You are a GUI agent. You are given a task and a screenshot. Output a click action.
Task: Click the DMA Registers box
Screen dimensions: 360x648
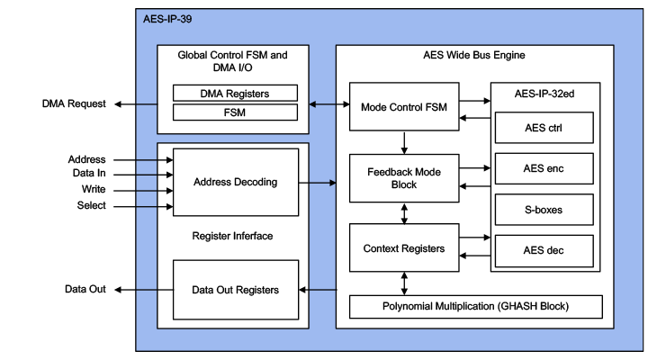(x=233, y=93)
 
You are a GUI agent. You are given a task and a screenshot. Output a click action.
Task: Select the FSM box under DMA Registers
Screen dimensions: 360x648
(x=233, y=112)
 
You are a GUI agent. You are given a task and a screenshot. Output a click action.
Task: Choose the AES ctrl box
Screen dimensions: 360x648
(x=543, y=127)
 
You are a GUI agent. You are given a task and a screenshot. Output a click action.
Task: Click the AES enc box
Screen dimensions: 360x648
(x=543, y=169)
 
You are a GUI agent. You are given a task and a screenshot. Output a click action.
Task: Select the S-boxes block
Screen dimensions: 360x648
(x=543, y=210)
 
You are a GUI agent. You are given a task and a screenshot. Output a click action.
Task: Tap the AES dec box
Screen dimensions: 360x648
(x=543, y=251)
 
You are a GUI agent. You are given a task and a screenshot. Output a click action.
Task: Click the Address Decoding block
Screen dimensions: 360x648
(x=234, y=182)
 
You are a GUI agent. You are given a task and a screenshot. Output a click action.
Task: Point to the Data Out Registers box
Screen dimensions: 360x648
(x=234, y=289)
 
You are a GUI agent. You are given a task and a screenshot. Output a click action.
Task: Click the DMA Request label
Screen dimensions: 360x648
(x=74, y=104)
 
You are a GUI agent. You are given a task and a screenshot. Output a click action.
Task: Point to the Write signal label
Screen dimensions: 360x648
(x=93, y=189)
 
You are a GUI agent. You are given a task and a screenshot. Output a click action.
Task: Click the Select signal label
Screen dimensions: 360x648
(x=90, y=205)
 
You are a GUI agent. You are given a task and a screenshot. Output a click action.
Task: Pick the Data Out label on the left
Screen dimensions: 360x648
(x=85, y=289)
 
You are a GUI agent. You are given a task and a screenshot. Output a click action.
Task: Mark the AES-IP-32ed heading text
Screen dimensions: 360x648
(x=543, y=94)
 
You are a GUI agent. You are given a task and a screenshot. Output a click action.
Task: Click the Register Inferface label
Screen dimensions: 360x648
(x=234, y=237)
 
